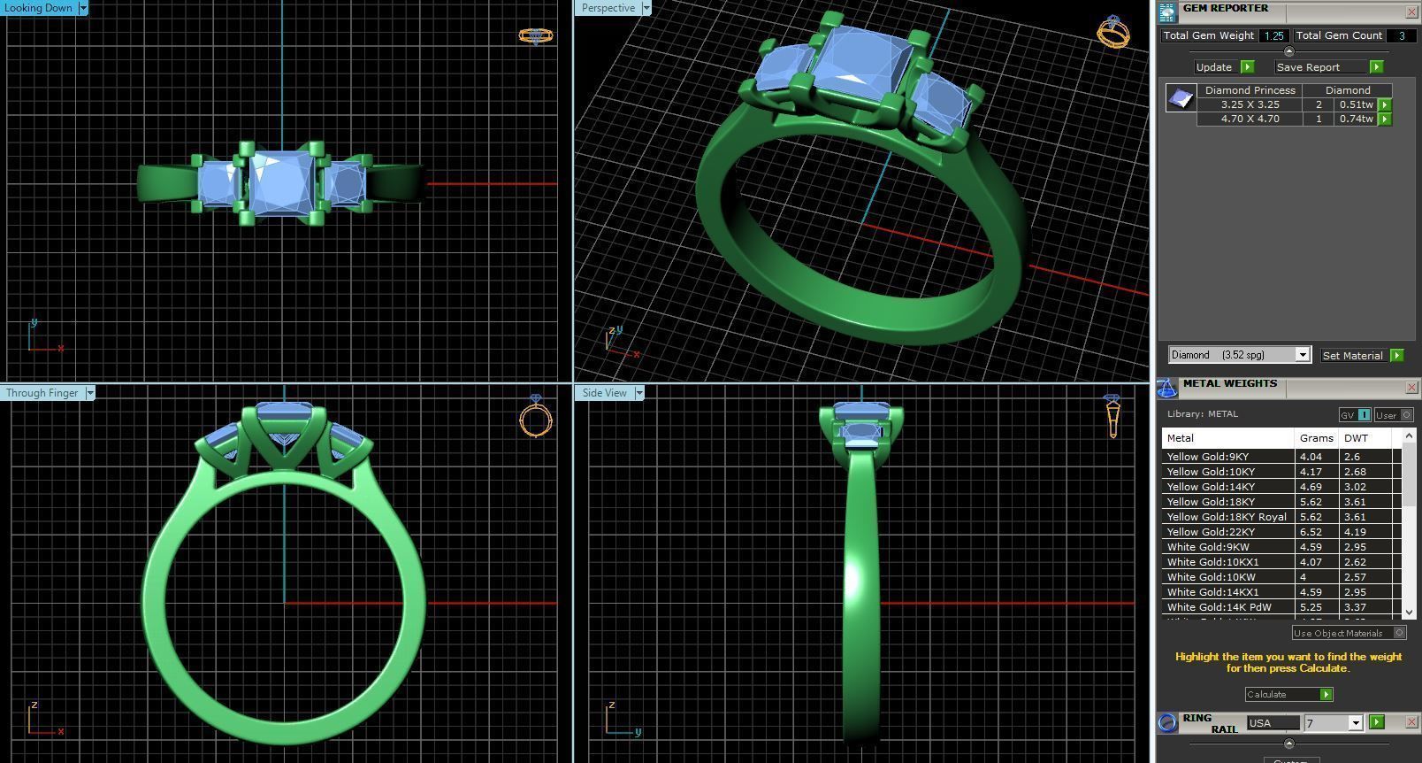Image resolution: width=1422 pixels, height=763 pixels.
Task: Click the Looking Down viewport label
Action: (x=39, y=8)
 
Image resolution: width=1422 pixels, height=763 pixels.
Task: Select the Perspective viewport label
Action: (x=608, y=8)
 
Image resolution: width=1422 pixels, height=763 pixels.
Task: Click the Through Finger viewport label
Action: (x=42, y=393)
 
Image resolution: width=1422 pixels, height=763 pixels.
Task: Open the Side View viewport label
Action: (x=604, y=393)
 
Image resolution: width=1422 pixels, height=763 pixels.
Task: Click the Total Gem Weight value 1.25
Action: (x=1273, y=36)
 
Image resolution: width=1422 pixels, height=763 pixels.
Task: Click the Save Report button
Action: (x=1308, y=67)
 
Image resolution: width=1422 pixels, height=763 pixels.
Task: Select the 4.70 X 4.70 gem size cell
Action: (x=1250, y=119)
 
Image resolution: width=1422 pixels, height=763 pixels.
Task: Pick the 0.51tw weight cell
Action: (x=1356, y=104)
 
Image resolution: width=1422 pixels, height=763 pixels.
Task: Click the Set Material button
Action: (x=1352, y=356)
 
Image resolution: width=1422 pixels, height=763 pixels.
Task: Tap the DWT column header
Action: (x=1355, y=438)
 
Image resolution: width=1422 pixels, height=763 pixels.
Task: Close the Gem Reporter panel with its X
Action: (x=1411, y=12)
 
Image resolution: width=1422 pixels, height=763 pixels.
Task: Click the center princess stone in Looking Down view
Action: (x=280, y=182)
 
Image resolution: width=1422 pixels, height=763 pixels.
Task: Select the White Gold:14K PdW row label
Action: (x=1219, y=607)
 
